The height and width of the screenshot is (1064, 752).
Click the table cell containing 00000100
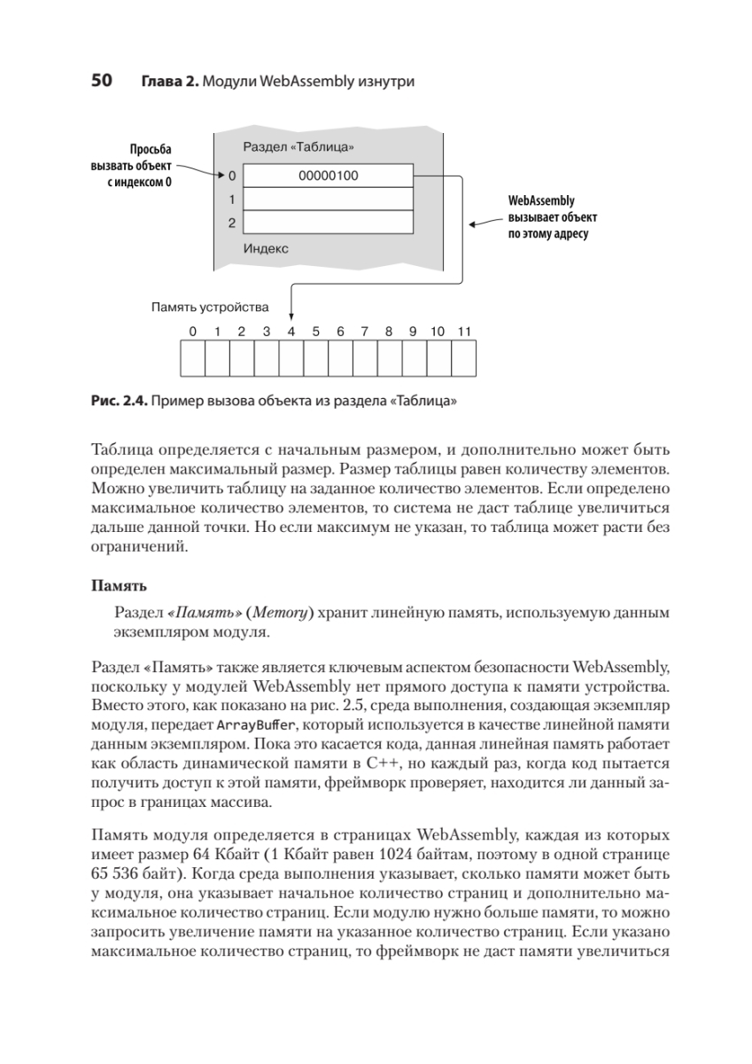coord(328,176)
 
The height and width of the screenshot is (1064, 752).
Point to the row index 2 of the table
coord(230,222)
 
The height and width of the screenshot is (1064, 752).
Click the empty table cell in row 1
coord(328,199)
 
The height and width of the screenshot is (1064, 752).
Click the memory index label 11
coord(463,332)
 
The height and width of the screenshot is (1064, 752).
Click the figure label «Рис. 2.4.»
coord(119,402)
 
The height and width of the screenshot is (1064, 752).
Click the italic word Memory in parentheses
coord(280,613)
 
